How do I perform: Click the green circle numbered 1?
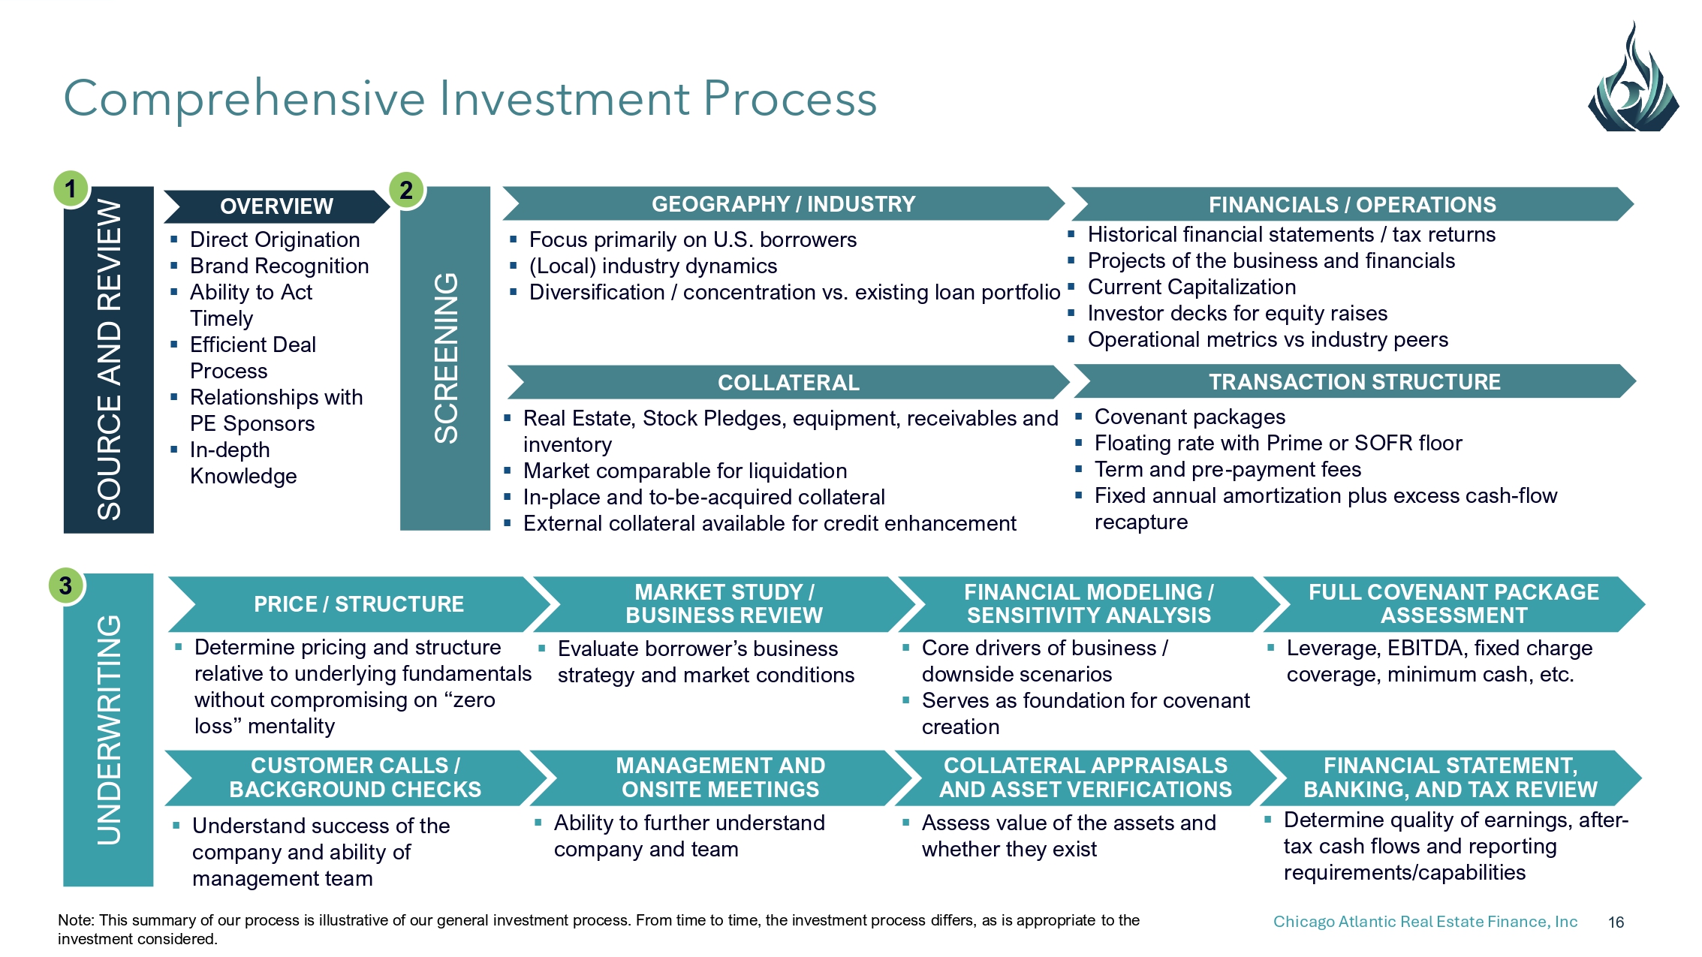(71, 188)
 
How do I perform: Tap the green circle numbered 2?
(406, 190)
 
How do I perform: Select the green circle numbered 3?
(66, 585)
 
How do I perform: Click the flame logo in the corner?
(1633, 83)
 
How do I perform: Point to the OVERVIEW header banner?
(276, 206)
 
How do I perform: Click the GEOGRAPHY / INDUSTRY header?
(783, 204)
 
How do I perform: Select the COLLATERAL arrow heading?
(788, 383)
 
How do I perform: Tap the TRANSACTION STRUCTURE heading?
(1354, 382)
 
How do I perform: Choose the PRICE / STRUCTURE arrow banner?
(359, 604)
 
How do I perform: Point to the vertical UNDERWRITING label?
(109, 730)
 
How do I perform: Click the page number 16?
(1616, 922)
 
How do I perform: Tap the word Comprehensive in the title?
(244, 98)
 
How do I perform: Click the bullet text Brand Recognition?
(279, 266)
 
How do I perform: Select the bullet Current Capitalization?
(1191, 287)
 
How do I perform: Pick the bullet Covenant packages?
(1189, 417)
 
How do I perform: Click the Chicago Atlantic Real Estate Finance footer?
(1425, 922)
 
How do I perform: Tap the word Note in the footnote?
(74, 920)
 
